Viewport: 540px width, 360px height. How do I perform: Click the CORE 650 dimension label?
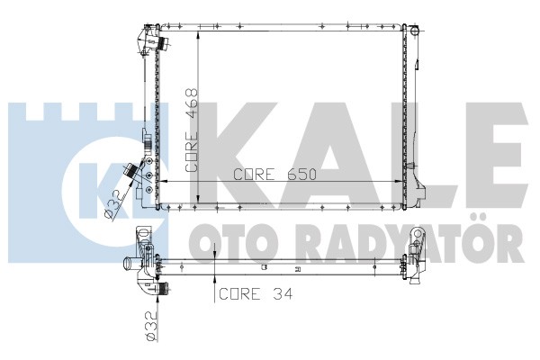pyautogui.click(x=274, y=175)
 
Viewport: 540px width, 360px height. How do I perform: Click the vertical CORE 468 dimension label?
pyautogui.click(x=192, y=130)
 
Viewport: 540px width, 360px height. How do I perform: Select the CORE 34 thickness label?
pyautogui.click(x=256, y=294)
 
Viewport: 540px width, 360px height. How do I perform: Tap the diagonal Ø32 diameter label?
pyautogui.click(x=114, y=204)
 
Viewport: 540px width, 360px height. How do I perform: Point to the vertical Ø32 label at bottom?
pyautogui.click(x=151, y=326)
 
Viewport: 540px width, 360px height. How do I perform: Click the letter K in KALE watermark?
pyautogui.click(x=238, y=156)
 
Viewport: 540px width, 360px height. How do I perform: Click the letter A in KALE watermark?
pyautogui.click(x=328, y=156)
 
